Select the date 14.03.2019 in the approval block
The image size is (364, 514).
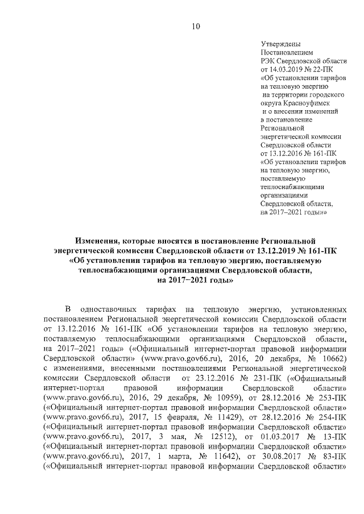tap(287, 69)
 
